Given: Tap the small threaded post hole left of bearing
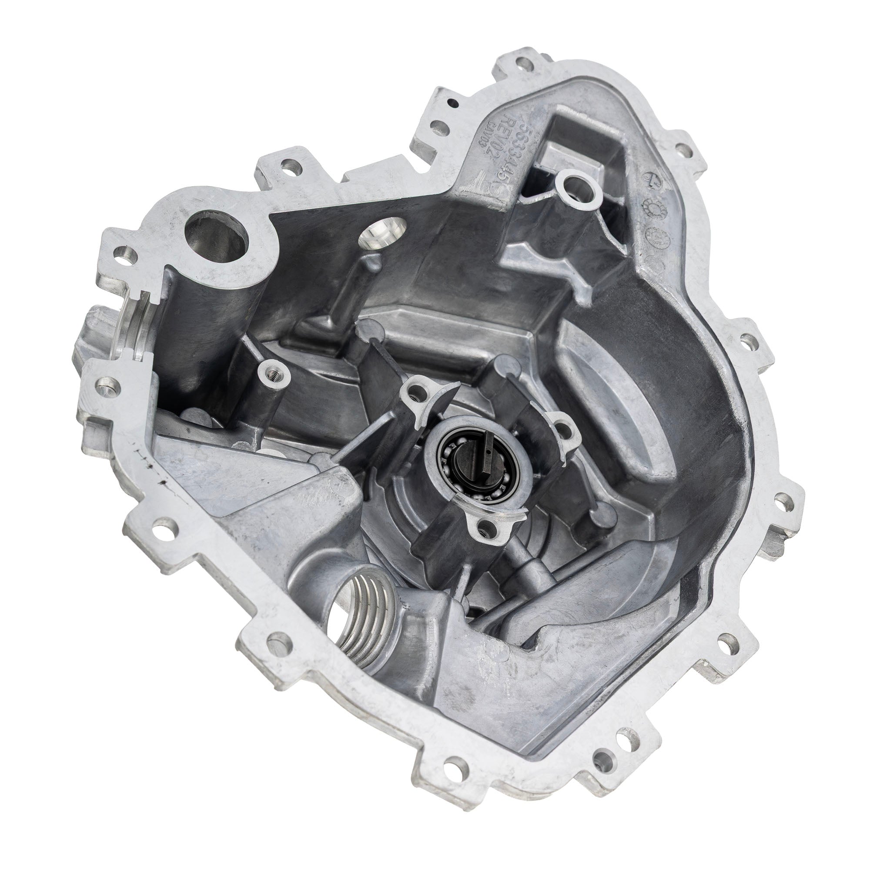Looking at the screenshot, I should pyautogui.click(x=274, y=372).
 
